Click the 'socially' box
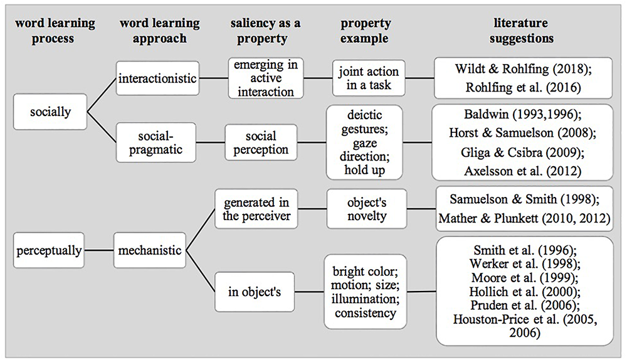tap(50, 113)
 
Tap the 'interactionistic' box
tap(157, 78)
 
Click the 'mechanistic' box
tap(149, 251)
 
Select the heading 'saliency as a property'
tap(265, 30)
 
